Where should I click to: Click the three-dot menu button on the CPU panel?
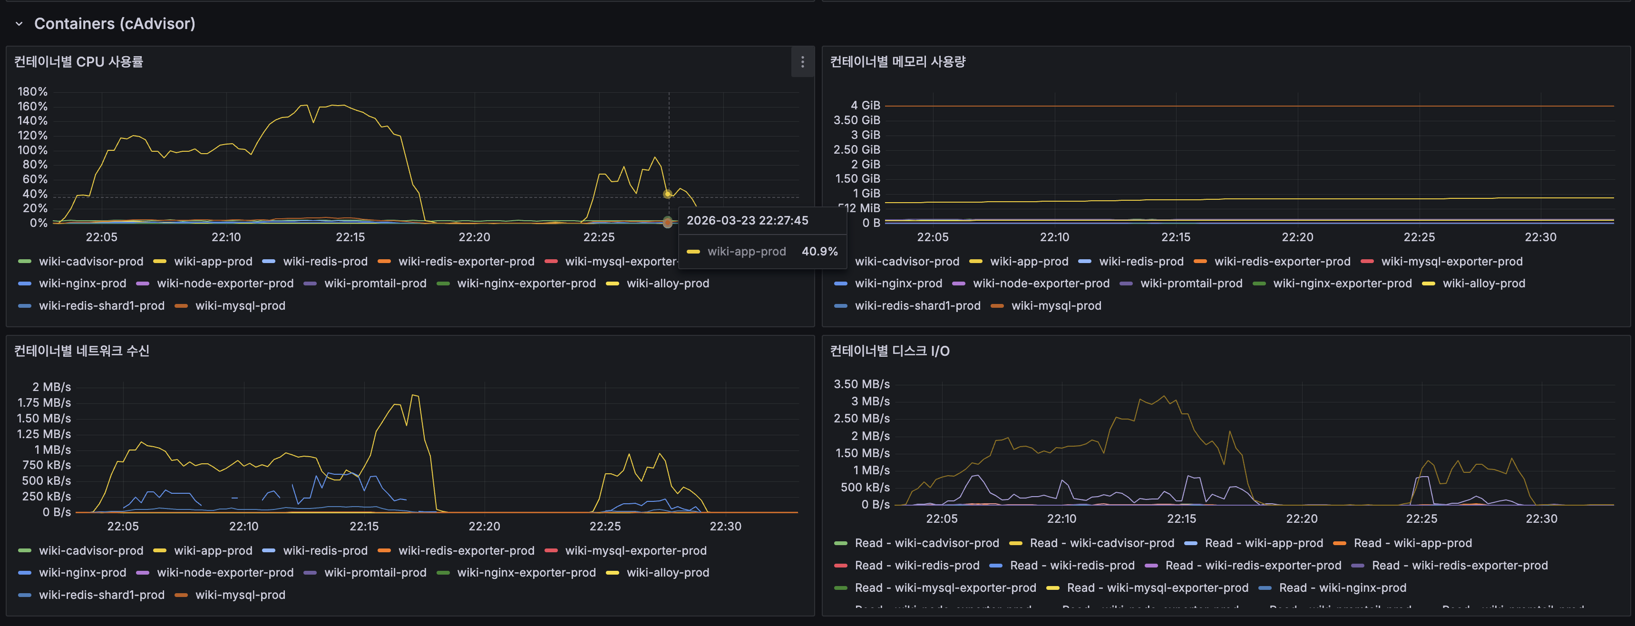[802, 61]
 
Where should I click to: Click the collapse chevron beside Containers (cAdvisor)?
[19, 24]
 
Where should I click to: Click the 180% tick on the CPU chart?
[32, 91]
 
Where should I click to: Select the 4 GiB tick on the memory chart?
[865, 106]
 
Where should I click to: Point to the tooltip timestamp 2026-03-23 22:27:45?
[747, 220]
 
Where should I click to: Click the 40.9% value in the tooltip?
[819, 252]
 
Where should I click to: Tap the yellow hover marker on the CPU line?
[667, 194]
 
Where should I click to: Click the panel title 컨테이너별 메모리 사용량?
[897, 61]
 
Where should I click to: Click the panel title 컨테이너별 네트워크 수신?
[82, 351]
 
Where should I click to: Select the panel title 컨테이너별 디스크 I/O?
[889, 351]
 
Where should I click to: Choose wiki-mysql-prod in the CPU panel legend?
[240, 305]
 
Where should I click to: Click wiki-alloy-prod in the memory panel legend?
[1483, 283]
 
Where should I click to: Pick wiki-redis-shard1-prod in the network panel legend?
[102, 595]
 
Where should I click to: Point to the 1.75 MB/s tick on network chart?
[44, 402]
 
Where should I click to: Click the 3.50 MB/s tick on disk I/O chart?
[861, 384]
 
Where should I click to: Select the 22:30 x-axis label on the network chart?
[725, 526]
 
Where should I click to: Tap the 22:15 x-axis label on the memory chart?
[1176, 237]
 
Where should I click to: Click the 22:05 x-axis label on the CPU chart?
[102, 237]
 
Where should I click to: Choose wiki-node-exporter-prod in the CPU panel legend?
[224, 283]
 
